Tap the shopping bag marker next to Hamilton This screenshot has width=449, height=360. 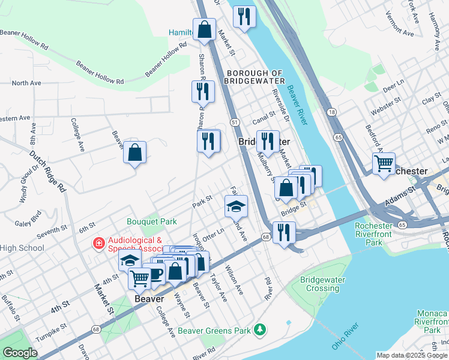click(x=204, y=29)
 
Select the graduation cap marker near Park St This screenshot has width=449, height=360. click(x=237, y=206)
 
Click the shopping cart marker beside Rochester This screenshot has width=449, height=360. click(x=383, y=163)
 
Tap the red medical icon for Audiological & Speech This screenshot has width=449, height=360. click(x=97, y=243)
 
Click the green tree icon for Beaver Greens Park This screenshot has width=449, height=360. click(x=259, y=329)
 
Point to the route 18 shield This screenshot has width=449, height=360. click(x=331, y=112)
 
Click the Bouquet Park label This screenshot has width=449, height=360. click(x=151, y=221)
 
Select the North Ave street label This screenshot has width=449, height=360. click(x=26, y=83)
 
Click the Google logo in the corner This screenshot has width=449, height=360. click(x=20, y=353)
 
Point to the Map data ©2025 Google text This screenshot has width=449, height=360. click(x=411, y=355)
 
